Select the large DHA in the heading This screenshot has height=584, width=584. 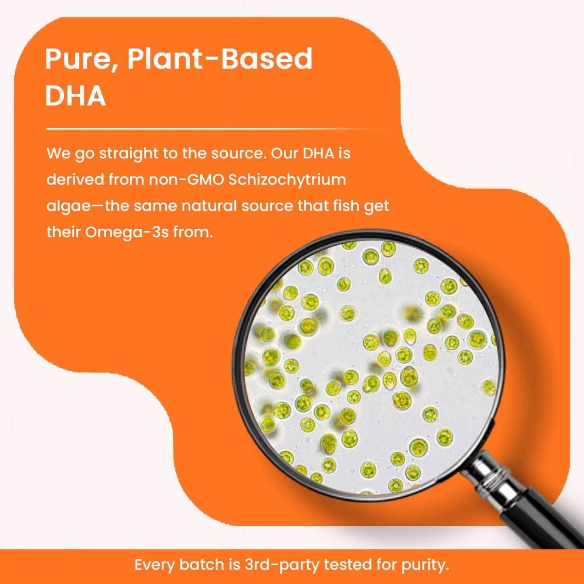pyautogui.click(x=76, y=96)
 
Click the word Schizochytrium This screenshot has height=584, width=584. pyautogui.click(x=287, y=179)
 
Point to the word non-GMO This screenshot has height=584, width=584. pyautogui.click(x=186, y=180)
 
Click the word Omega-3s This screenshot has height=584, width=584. pyautogui.click(x=126, y=232)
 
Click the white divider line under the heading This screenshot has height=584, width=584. pyautogui.click(x=218, y=129)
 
